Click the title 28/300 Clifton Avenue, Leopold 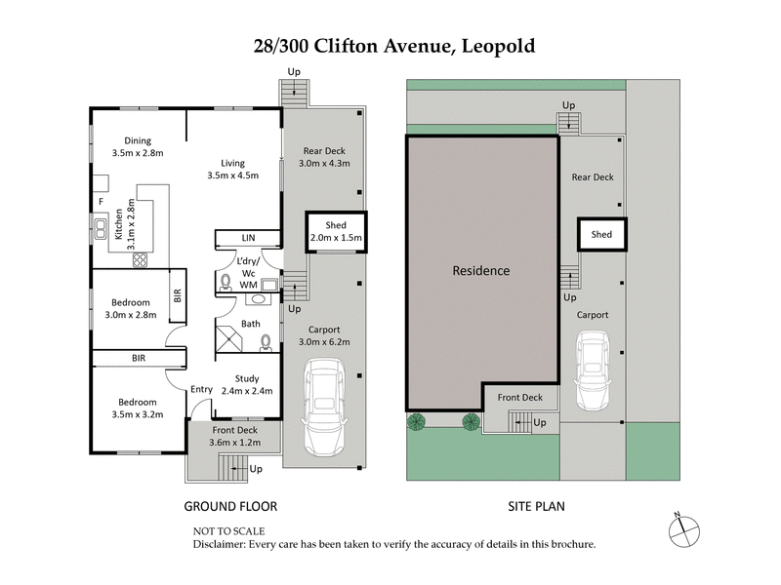point(390,46)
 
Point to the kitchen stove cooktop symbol point(140,260)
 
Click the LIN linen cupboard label point(248,238)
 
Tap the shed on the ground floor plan point(336,232)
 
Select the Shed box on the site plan point(601,234)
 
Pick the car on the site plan point(593,371)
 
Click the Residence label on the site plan point(480,271)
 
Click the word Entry point(201,389)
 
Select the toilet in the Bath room point(265,342)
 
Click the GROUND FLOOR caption point(231,506)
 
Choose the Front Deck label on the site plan point(519,398)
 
